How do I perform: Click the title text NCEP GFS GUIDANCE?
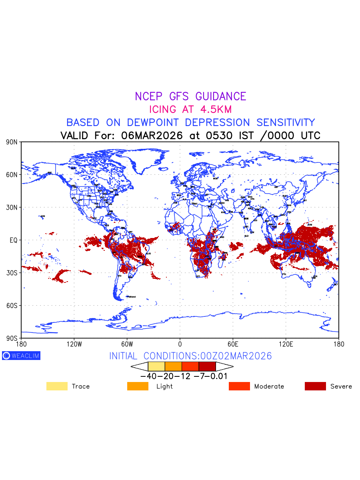point(190,96)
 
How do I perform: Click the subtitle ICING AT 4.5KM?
point(190,109)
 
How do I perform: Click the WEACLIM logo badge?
point(21,356)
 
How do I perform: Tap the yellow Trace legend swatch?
point(57,386)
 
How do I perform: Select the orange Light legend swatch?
point(137,386)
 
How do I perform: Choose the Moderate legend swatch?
point(239,386)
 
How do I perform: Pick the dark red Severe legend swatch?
point(315,386)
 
